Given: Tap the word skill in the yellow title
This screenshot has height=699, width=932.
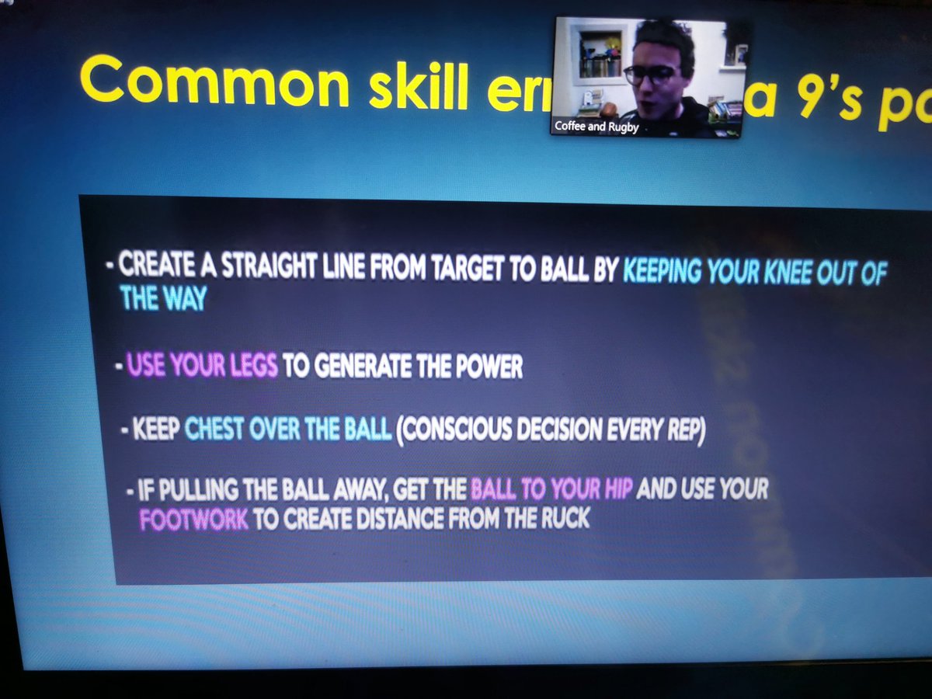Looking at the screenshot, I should [x=419, y=90].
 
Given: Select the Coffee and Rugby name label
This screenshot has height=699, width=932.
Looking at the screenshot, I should [x=596, y=127].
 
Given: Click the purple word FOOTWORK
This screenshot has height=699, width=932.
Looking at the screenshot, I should [x=194, y=519].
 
